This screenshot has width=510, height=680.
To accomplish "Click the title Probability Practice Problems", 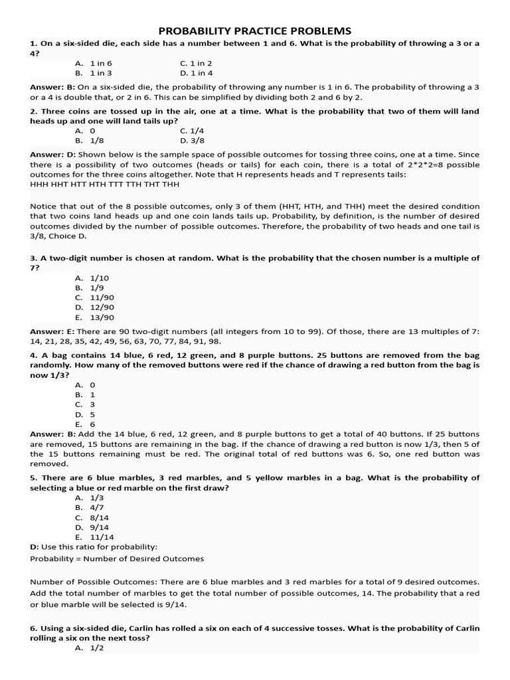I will [254, 31].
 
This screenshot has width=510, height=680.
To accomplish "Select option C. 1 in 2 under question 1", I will [196, 64].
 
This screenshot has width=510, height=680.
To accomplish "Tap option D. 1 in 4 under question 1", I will [196, 74].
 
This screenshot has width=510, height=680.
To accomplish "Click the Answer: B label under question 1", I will [52, 87].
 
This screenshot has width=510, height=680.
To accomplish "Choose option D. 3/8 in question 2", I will [193, 141].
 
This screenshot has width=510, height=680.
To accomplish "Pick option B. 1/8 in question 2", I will [90, 141].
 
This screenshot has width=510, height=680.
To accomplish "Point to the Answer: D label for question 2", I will [52, 155].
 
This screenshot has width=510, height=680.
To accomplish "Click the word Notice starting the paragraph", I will [44, 207].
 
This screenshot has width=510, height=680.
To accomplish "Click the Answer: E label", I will [52, 331].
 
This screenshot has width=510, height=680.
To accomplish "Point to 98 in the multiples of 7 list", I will [214, 341].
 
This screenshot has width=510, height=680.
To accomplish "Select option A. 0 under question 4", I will [86, 384].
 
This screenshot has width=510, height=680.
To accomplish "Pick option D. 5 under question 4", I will [86, 414].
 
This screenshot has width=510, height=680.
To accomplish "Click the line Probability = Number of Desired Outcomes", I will [117, 558].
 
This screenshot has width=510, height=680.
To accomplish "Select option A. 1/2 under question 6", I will [90, 648].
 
